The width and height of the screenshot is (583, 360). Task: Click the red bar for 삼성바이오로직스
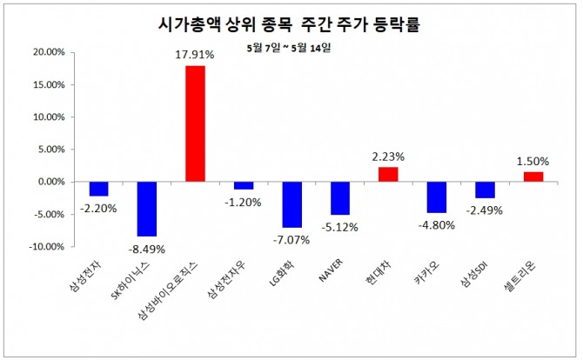(195, 123)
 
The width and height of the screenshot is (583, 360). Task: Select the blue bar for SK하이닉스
(147, 209)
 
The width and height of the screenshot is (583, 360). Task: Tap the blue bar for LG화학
(291, 204)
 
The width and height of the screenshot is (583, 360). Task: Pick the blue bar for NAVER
(339, 198)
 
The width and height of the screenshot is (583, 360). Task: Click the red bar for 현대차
(387, 174)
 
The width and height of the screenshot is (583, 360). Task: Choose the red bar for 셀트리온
(533, 177)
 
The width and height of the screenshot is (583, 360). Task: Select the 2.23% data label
(388, 157)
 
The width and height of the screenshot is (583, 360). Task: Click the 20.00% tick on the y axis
(48, 52)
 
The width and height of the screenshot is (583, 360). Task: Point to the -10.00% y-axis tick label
(45, 247)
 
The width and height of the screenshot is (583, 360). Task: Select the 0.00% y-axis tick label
(50, 182)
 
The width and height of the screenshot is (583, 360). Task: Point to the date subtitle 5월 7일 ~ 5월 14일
(291, 47)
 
